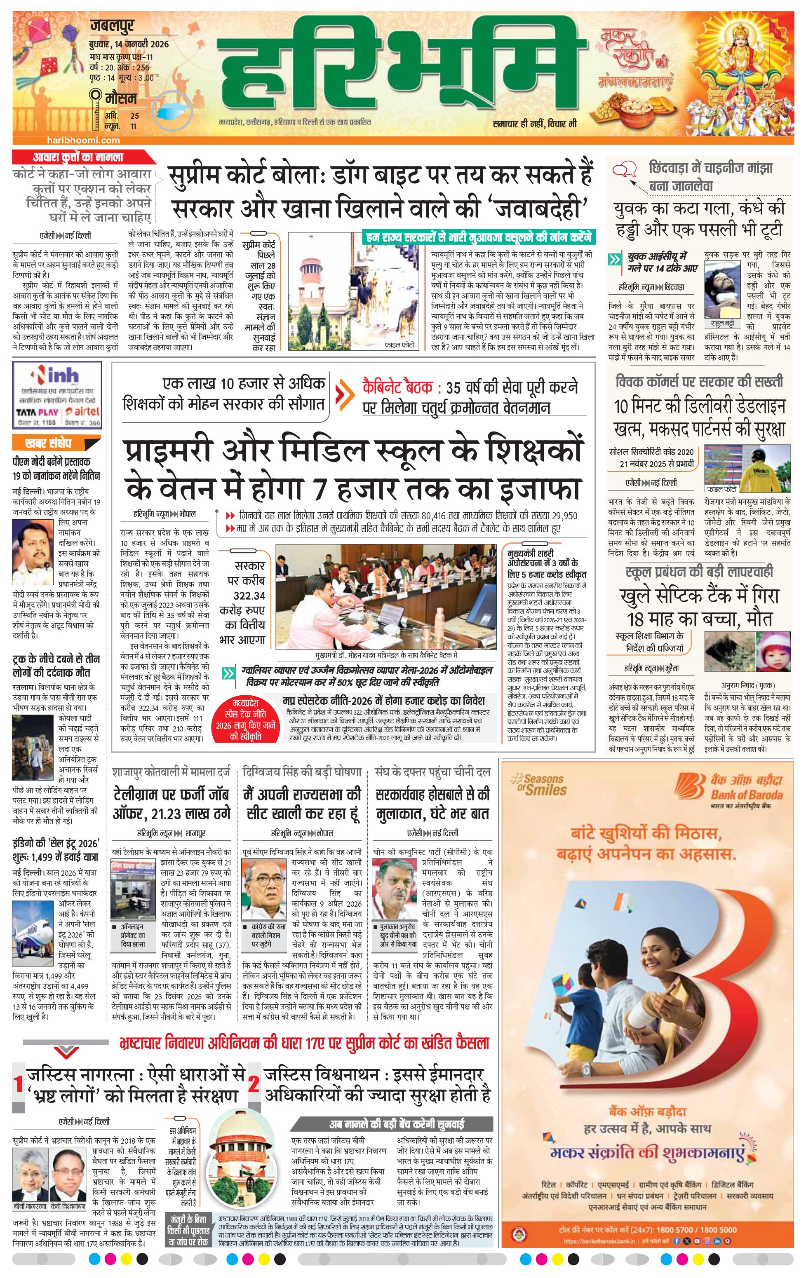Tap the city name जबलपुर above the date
113,26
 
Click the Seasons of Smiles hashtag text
539,786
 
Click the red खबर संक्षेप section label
48,443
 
